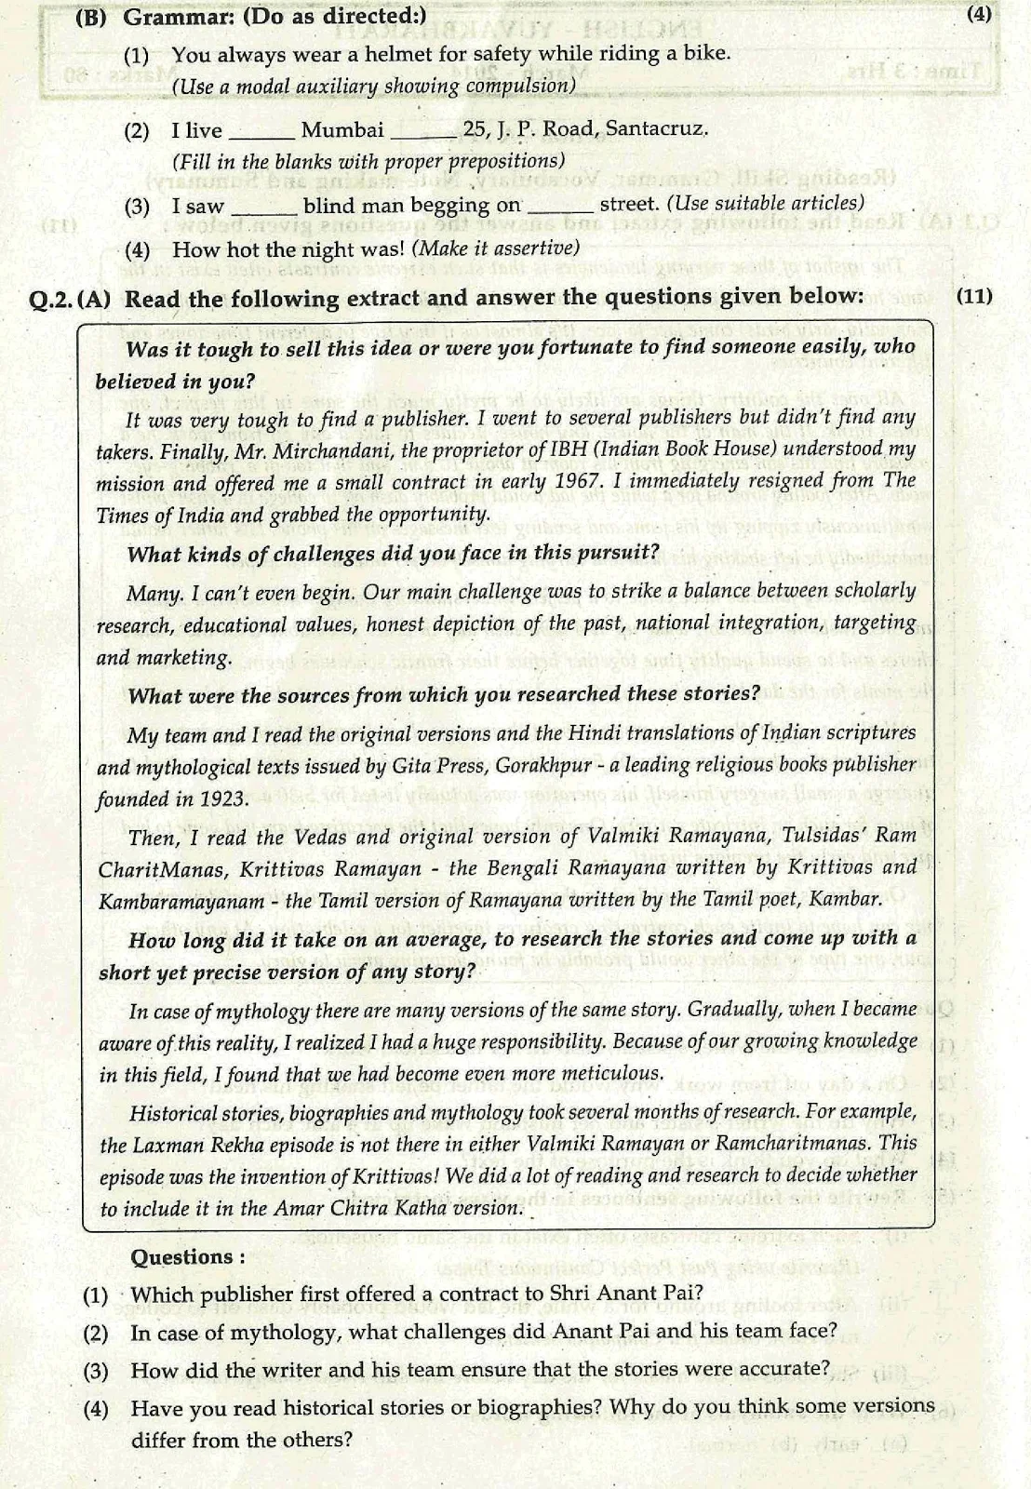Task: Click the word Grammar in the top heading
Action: tap(167, 16)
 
